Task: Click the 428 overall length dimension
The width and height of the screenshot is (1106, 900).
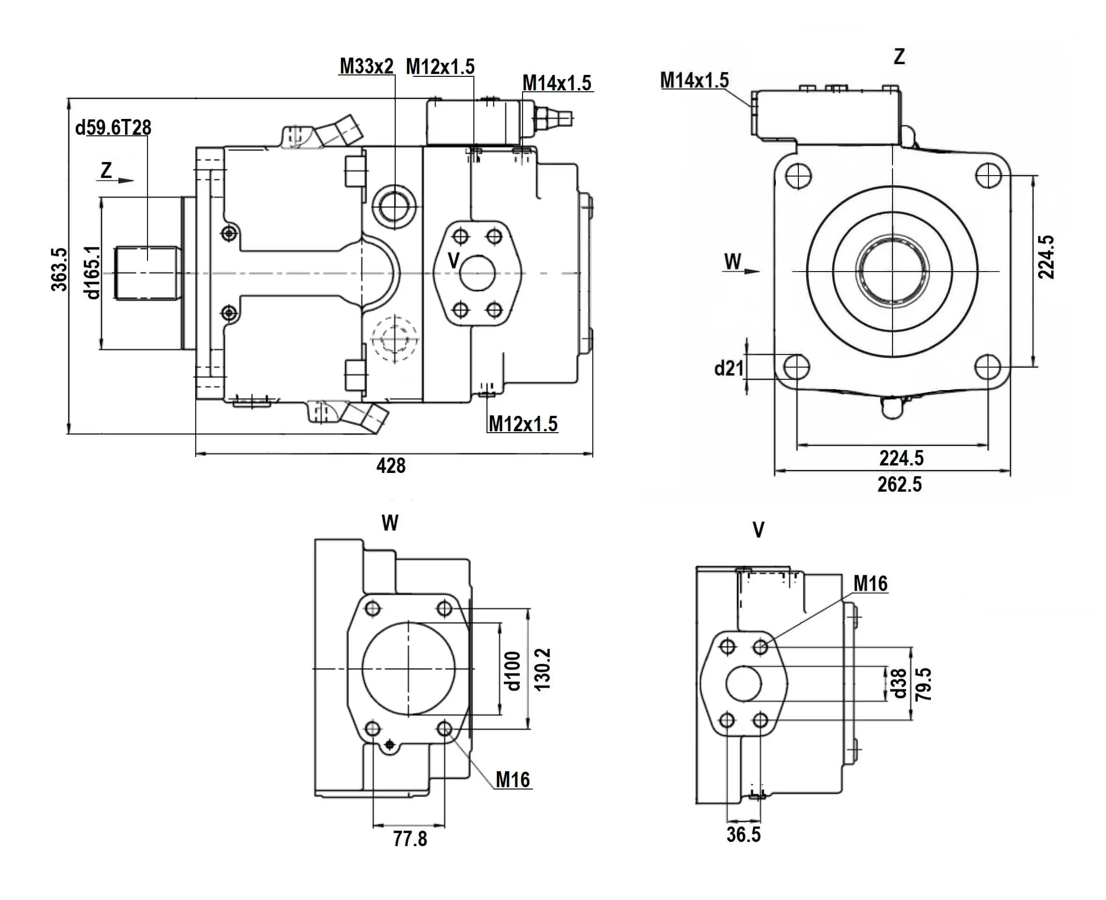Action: tap(391, 465)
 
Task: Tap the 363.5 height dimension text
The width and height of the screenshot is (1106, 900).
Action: tap(59, 269)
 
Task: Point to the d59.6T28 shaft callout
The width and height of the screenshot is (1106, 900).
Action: tap(113, 127)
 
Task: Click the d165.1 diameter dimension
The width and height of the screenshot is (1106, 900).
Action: tap(92, 272)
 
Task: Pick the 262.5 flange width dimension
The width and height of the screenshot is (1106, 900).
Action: tap(899, 484)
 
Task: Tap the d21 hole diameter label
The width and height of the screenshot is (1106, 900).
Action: tap(729, 368)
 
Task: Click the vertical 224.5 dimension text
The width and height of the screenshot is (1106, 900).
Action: tap(1046, 257)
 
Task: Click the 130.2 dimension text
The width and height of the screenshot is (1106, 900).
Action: tap(542, 669)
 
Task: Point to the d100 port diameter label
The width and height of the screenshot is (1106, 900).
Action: tap(512, 671)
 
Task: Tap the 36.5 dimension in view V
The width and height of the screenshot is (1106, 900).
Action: tap(743, 834)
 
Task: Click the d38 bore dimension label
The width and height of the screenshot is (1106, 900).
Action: tap(898, 683)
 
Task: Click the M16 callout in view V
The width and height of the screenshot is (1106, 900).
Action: tap(870, 584)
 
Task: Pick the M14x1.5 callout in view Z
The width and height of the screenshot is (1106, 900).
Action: tap(694, 81)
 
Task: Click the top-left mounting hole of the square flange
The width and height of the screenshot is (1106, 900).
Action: tap(798, 176)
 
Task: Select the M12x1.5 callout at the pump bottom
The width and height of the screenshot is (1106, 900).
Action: tap(523, 424)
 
